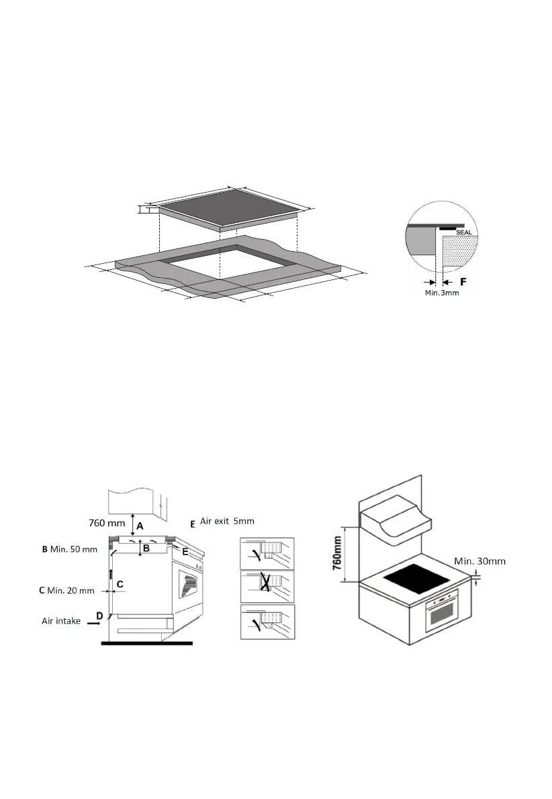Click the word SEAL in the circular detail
point(465,232)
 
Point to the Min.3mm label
point(443,293)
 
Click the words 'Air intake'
point(61,622)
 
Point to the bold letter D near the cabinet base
point(99,616)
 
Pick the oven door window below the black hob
point(441,614)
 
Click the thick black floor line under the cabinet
point(146,643)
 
